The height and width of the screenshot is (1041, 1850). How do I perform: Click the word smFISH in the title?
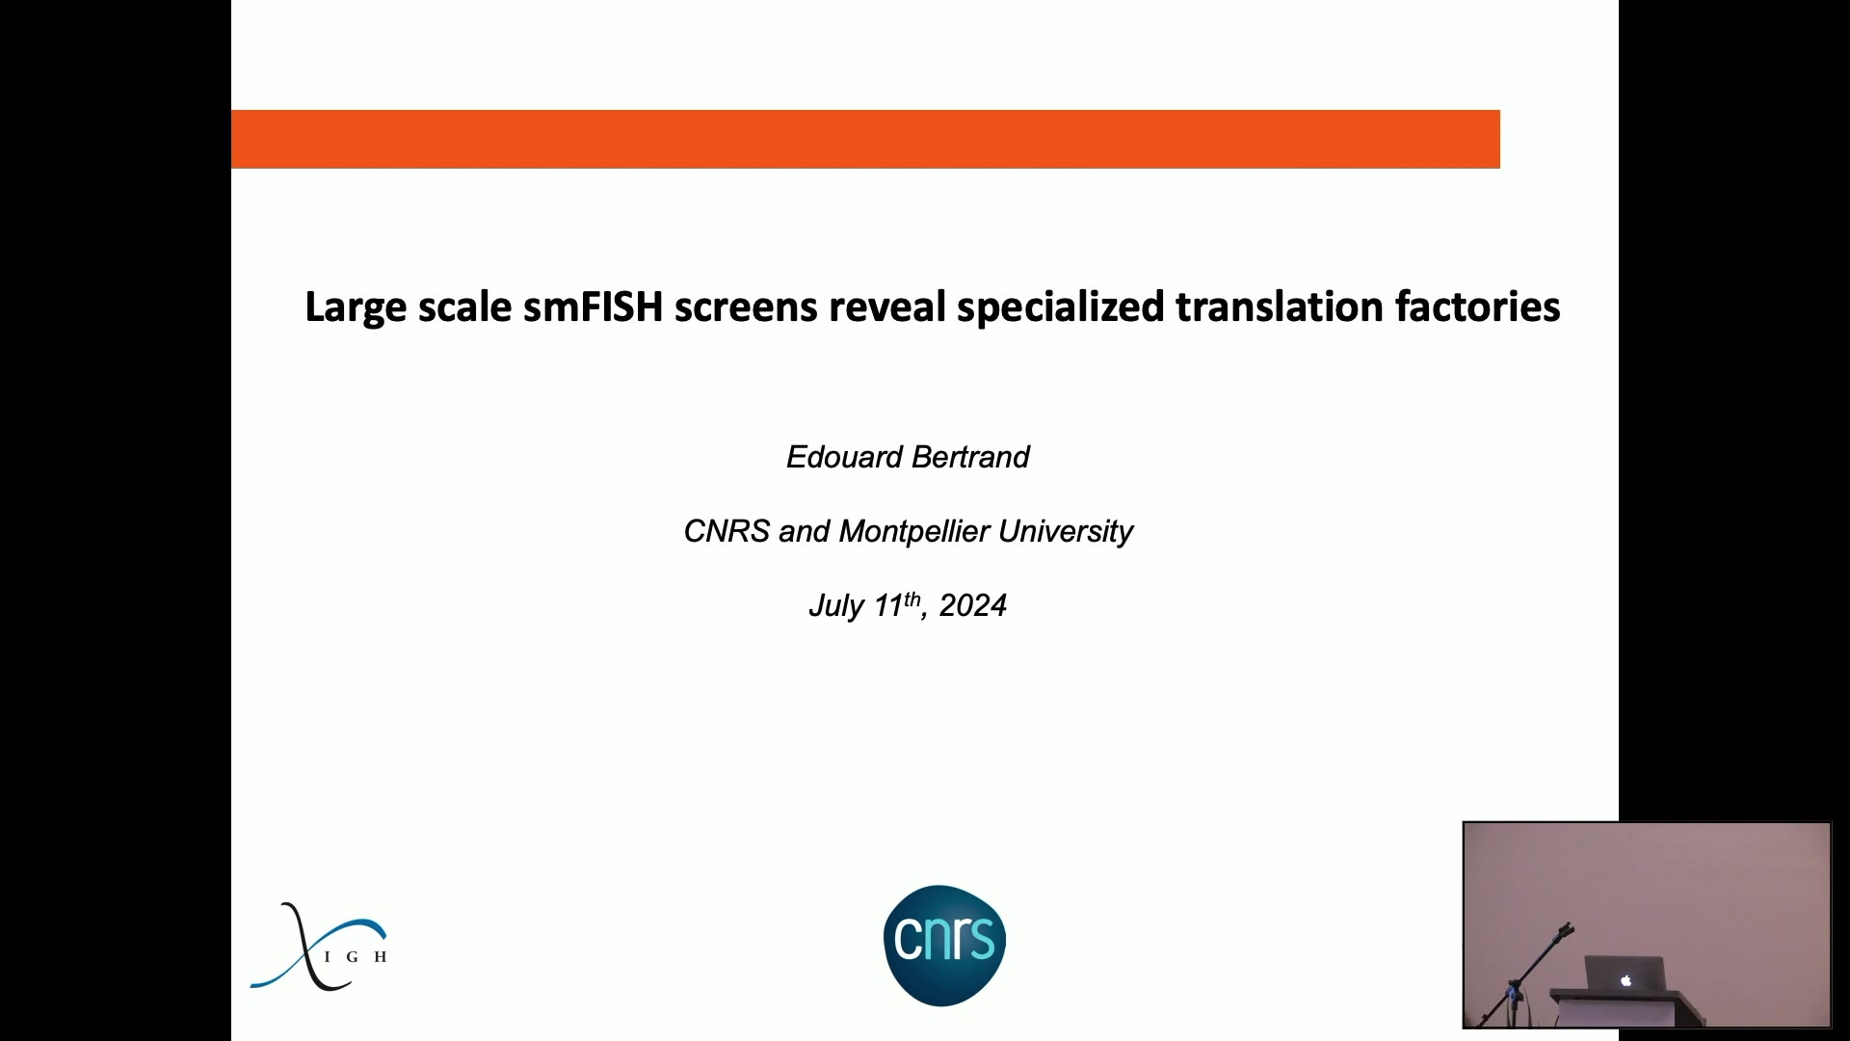(594, 307)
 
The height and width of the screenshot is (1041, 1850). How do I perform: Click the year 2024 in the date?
(973, 605)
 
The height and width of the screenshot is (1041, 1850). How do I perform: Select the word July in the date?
(836, 606)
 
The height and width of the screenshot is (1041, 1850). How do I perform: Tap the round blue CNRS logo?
(944, 946)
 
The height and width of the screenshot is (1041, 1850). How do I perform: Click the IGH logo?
(319, 948)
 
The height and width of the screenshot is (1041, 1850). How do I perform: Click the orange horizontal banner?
(865, 139)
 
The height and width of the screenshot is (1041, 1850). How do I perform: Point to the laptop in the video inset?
(1625, 974)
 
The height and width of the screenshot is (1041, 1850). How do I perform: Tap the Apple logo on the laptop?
(1625, 980)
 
